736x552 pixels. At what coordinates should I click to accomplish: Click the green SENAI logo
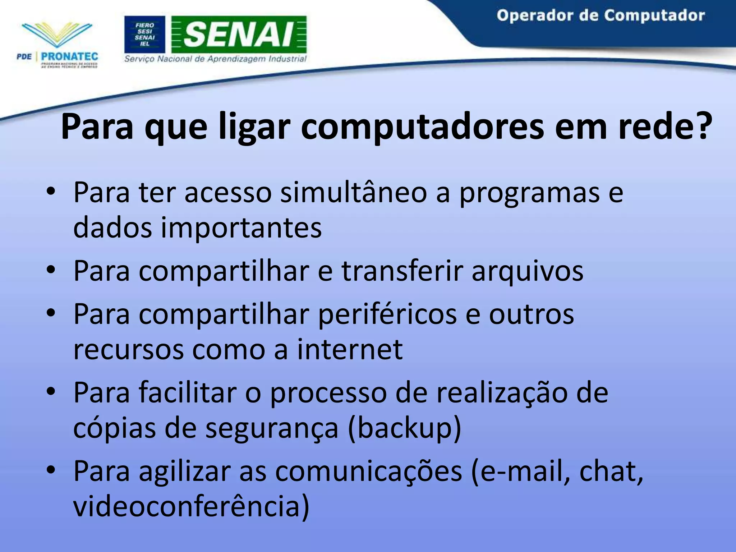[239, 34]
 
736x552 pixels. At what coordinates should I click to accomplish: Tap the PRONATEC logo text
[69, 56]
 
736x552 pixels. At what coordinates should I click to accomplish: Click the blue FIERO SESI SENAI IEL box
[145, 34]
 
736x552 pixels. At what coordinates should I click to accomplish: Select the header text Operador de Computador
[601, 16]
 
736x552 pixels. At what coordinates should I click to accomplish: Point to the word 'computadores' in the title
[422, 126]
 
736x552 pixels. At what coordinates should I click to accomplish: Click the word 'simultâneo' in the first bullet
[353, 193]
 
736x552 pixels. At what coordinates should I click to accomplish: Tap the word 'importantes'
[241, 228]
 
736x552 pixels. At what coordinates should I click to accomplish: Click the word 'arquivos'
[528, 271]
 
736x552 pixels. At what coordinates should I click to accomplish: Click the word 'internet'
[350, 349]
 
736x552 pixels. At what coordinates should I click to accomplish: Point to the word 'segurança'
[272, 428]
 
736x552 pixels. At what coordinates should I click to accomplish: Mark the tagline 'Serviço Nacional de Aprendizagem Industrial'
[215, 59]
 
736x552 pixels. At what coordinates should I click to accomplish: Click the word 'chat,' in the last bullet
[611, 471]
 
